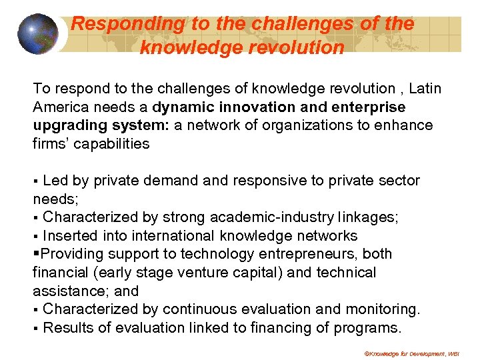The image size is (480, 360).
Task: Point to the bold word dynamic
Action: coord(185,107)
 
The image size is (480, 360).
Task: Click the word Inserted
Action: coord(70,236)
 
